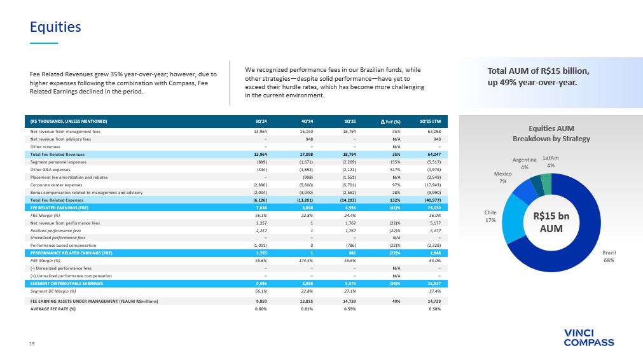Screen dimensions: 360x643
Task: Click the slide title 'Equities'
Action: click(56, 27)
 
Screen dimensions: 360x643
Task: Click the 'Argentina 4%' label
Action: click(524, 163)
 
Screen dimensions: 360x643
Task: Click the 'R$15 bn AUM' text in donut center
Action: click(551, 221)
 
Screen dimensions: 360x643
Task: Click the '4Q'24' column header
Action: click(304, 121)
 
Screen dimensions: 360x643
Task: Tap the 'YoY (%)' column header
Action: click(387, 121)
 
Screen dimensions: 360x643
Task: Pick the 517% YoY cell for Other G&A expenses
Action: click(387, 169)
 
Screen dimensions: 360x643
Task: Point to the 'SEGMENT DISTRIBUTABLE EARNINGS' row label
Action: click(64, 283)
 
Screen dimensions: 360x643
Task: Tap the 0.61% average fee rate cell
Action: click(304, 308)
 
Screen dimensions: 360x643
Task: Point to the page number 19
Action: click(32, 343)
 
